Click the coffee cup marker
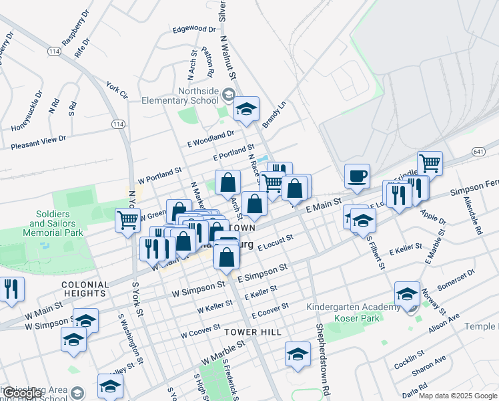point(358,176)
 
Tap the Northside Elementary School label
point(180,96)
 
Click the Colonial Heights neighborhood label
point(84,289)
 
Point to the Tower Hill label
point(253,332)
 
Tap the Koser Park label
point(367,318)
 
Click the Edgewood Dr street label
point(194,29)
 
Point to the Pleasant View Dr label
point(39,142)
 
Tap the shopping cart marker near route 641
point(430,162)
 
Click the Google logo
point(23,394)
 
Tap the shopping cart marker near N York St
point(127,220)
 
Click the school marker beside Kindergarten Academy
point(407,294)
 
